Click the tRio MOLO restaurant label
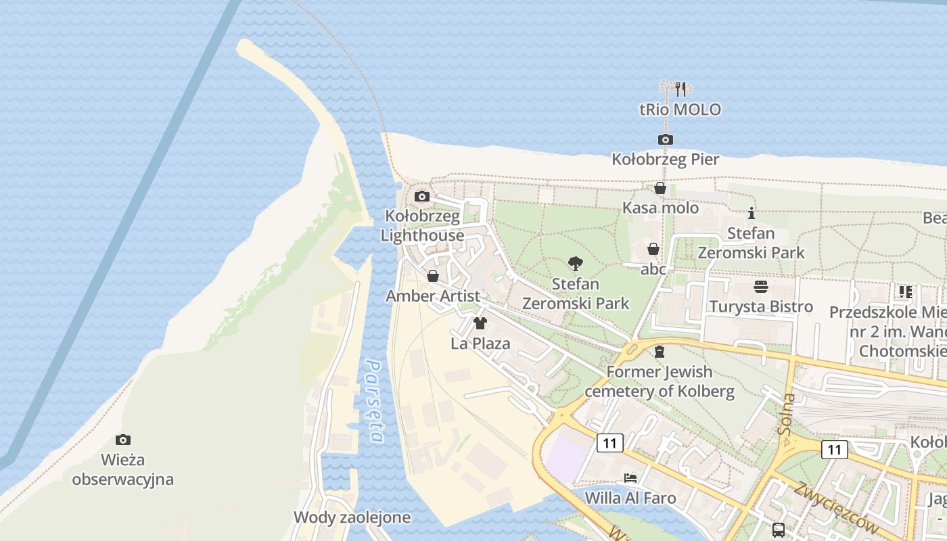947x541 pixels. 680,110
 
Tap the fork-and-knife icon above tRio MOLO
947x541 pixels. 680,89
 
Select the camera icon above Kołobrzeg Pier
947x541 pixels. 666,140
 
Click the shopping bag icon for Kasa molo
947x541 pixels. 660,189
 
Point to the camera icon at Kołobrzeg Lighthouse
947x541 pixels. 422,197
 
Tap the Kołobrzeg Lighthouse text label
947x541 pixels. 422,226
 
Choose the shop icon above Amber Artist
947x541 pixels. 433,277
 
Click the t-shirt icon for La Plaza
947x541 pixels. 480,323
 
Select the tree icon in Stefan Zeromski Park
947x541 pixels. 576,264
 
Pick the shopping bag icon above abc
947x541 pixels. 653,250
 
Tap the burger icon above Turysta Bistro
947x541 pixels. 761,287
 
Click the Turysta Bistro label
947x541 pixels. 761,306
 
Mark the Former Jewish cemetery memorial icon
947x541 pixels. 660,352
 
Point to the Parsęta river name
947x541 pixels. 374,400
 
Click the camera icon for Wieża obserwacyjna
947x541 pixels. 122,440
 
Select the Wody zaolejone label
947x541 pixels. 352,517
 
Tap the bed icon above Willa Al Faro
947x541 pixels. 630,478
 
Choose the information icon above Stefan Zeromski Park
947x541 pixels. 751,214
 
